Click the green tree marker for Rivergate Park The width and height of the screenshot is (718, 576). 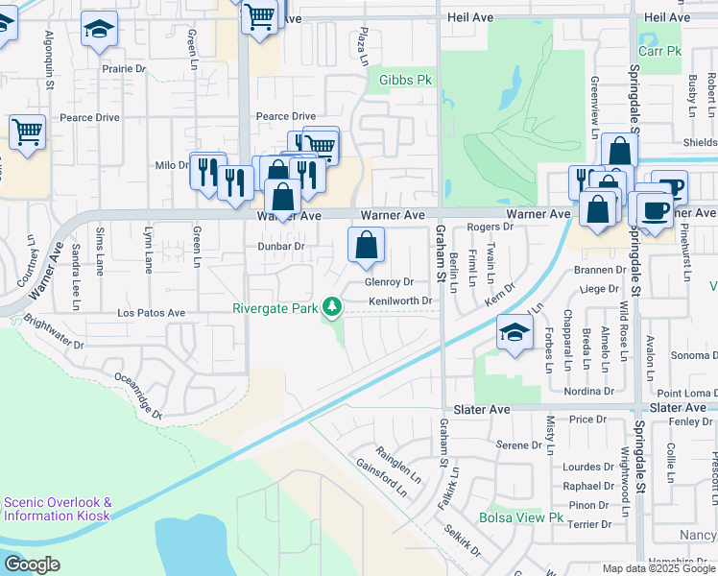(332, 307)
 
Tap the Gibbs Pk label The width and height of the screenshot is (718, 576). (406, 80)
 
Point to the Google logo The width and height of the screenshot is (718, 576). (31, 564)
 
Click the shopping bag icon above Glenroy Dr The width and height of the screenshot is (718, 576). (366, 247)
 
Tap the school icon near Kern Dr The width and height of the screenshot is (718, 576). (515, 333)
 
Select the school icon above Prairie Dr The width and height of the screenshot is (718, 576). (98, 31)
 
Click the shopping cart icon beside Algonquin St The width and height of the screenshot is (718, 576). (27, 132)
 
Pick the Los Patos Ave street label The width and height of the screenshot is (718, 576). (151, 313)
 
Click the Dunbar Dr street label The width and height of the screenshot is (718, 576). (280, 246)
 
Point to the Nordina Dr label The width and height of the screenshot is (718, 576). (589, 392)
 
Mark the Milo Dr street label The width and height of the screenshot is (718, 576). (172, 165)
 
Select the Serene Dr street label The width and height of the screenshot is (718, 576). (519, 445)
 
